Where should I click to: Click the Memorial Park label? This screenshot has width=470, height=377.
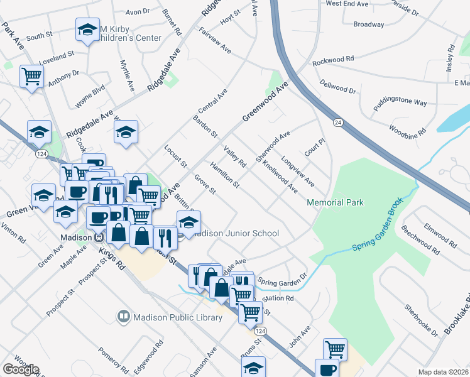335,202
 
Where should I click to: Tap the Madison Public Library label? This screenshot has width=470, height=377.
178,317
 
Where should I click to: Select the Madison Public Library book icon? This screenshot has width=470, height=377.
124,317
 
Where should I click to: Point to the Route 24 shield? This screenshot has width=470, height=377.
338,122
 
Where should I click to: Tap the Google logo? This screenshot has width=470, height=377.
21,369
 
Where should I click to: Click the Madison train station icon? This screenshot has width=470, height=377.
98,238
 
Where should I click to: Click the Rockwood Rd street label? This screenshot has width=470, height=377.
333,59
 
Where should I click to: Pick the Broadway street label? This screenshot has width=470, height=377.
368,25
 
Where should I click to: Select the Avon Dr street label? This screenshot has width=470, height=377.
138,11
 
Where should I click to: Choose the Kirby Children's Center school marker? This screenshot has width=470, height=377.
87,29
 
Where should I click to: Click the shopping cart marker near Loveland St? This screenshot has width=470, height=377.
31,77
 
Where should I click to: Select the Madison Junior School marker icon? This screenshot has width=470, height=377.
188,222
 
